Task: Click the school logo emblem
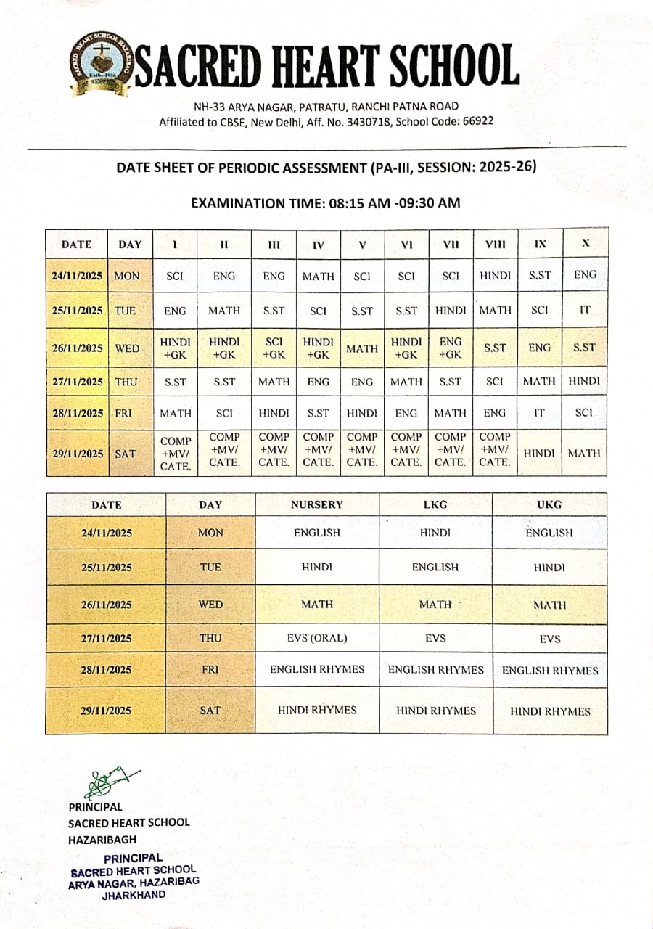(x=101, y=64)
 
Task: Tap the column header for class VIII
(x=495, y=245)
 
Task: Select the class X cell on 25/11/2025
(x=585, y=309)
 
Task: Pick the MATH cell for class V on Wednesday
(x=362, y=348)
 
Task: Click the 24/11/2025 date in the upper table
(x=77, y=276)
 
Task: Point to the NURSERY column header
(x=317, y=504)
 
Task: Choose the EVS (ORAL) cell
(x=317, y=639)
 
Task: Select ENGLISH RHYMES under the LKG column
(x=435, y=670)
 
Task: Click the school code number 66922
(x=477, y=121)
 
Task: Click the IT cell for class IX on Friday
(x=539, y=412)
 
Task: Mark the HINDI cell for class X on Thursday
(x=585, y=381)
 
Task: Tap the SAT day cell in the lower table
(x=210, y=711)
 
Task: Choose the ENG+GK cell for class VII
(x=451, y=348)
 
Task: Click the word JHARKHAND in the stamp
(x=134, y=894)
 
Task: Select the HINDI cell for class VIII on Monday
(x=495, y=276)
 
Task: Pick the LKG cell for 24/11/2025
(x=435, y=533)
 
